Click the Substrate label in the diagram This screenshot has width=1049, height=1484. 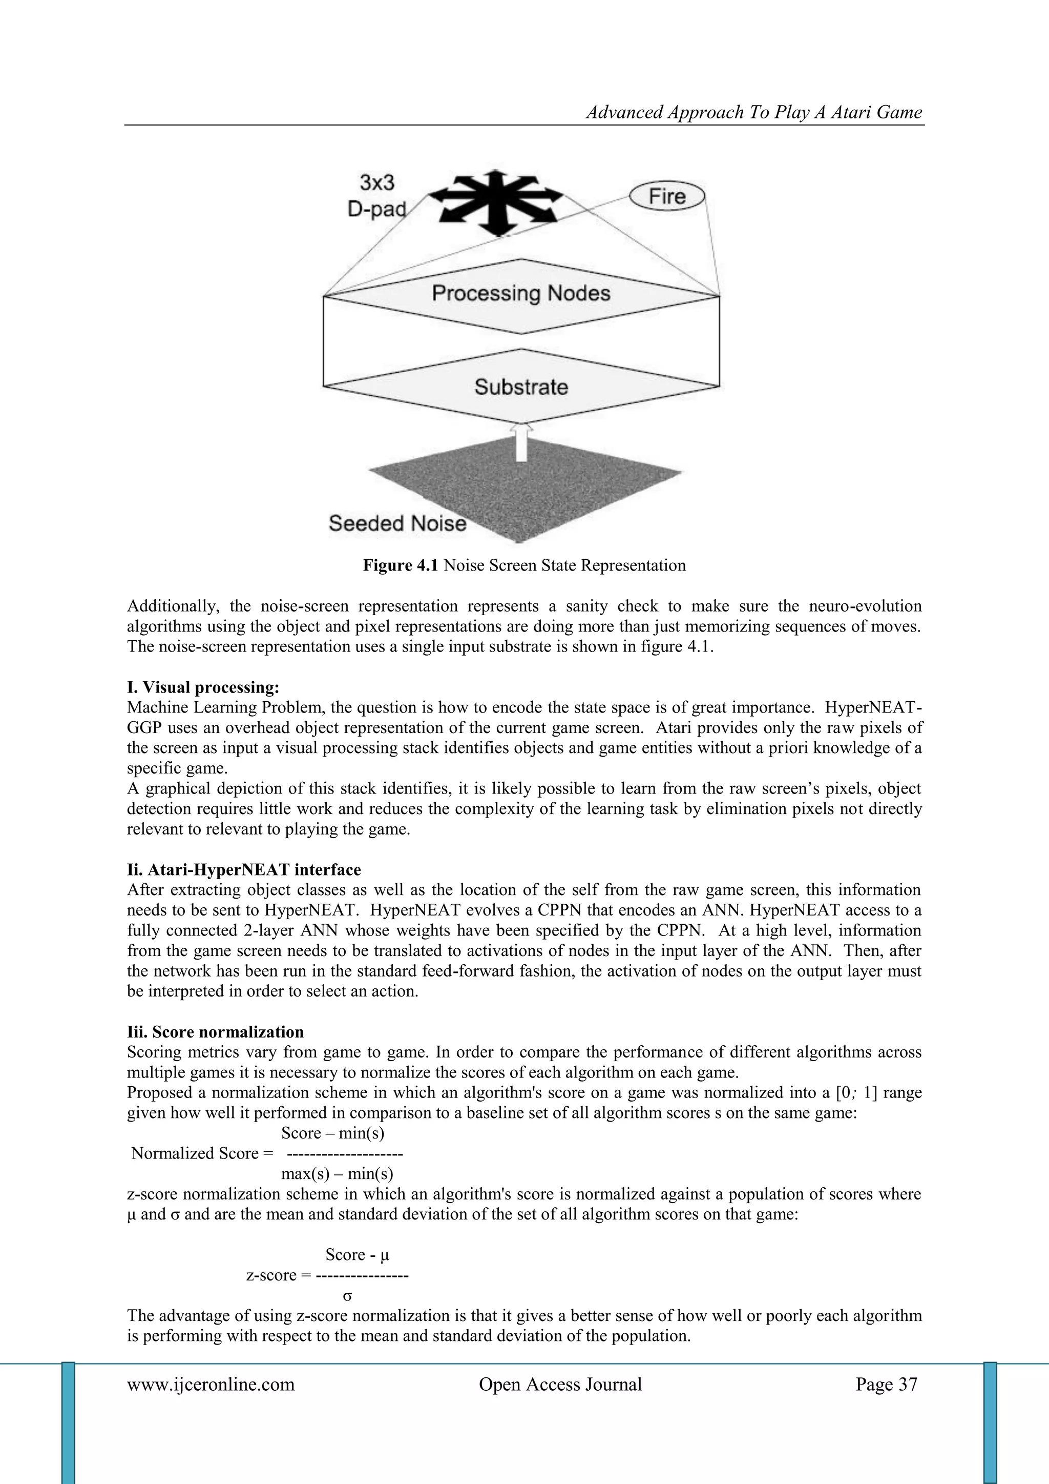click(520, 387)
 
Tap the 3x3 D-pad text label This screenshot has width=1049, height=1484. click(377, 196)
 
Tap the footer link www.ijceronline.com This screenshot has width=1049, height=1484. click(211, 1385)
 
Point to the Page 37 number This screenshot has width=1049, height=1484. click(886, 1385)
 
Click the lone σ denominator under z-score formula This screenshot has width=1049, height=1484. click(347, 1295)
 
